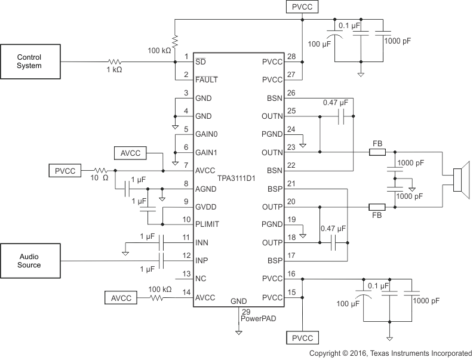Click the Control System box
(x=29, y=61)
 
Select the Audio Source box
(x=29, y=260)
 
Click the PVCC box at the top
(x=302, y=7)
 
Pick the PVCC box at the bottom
(x=302, y=339)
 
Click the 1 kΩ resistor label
(x=115, y=70)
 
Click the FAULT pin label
(x=206, y=79)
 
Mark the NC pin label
(x=201, y=278)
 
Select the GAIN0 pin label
(x=207, y=134)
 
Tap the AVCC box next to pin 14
(x=121, y=297)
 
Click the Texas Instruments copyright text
(x=390, y=353)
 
